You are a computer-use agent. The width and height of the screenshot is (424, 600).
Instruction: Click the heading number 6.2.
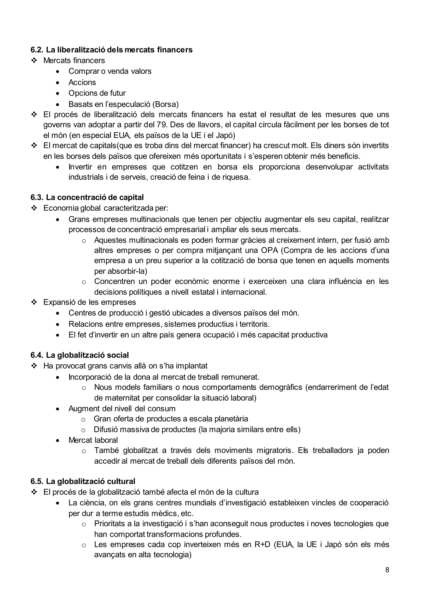click(37, 50)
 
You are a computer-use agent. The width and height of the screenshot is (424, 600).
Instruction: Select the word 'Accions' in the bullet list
click(82, 82)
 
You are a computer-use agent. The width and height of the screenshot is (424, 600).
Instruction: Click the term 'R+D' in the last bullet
click(262, 544)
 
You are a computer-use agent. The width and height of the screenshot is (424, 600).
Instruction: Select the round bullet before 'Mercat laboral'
click(58, 440)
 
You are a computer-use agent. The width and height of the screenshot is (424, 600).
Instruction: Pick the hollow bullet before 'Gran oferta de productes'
click(83, 420)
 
